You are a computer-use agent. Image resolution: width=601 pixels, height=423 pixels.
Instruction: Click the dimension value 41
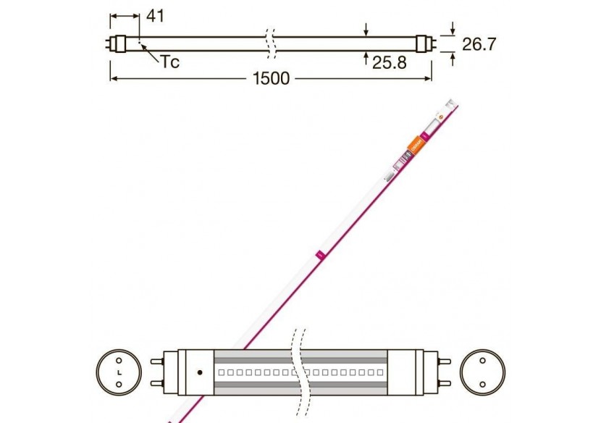tap(156, 16)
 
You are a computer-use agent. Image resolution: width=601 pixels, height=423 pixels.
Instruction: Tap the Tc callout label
tap(169, 62)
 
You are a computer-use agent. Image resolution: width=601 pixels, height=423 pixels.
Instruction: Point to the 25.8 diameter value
tap(389, 62)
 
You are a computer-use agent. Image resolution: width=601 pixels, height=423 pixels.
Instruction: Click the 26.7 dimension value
tap(479, 44)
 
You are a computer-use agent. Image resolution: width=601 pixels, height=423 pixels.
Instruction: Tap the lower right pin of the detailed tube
tap(444, 384)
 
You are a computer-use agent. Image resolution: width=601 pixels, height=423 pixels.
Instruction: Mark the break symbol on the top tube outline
tap(270, 44)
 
